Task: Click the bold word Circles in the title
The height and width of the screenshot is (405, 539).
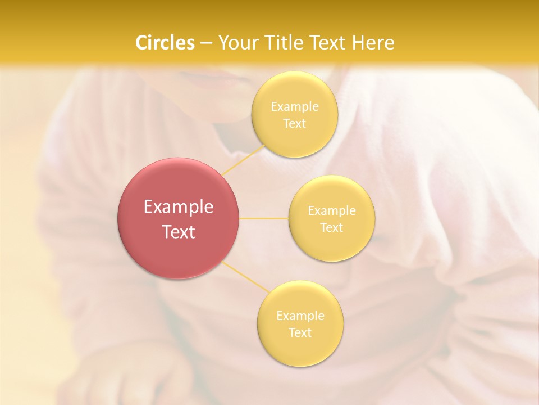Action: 165,43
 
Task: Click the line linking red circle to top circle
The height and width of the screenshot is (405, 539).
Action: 243,159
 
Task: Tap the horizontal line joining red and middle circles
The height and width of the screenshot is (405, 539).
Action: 263,218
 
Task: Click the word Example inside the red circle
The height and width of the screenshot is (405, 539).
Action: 178,207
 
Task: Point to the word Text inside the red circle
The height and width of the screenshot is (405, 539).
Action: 178,232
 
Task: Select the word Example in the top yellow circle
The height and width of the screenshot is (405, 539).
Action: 294,107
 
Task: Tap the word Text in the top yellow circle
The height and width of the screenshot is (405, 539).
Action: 294,124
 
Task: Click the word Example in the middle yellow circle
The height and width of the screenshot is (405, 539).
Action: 332,211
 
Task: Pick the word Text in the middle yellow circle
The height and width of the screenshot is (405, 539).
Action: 332,228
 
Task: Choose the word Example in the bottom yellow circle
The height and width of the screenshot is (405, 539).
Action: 300,316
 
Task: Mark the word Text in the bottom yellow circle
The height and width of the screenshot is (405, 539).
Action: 300,333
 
